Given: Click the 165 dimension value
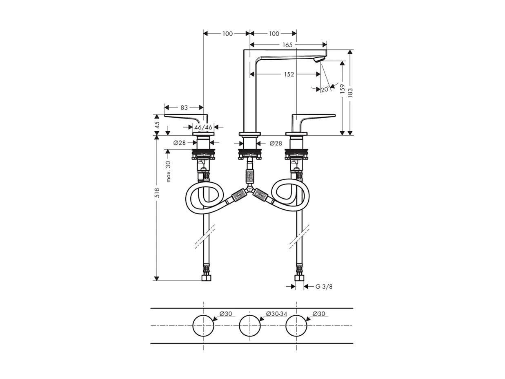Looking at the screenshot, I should [288, 45].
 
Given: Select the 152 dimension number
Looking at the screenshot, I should [289, 74].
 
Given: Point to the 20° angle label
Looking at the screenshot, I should [325, 90].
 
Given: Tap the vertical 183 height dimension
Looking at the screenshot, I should [350, 92].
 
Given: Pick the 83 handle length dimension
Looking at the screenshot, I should [184, 108].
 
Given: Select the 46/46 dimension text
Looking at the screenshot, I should [203, 127].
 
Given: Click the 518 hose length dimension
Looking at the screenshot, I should [157, 193].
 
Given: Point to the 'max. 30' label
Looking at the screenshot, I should [168, 171].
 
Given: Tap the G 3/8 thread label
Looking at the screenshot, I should [324, 287].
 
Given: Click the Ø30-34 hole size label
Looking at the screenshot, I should [276, 314].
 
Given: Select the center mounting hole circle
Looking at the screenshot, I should [250, 326].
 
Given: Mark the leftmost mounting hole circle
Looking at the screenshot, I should [203, 326].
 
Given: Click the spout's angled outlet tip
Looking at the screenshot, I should [318, 60].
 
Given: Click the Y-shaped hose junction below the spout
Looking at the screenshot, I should [249, 190].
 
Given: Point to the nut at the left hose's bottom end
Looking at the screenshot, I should [207, 278].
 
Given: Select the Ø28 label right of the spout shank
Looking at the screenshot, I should [276, 144].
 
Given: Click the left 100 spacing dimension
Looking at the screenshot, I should [227, 34].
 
